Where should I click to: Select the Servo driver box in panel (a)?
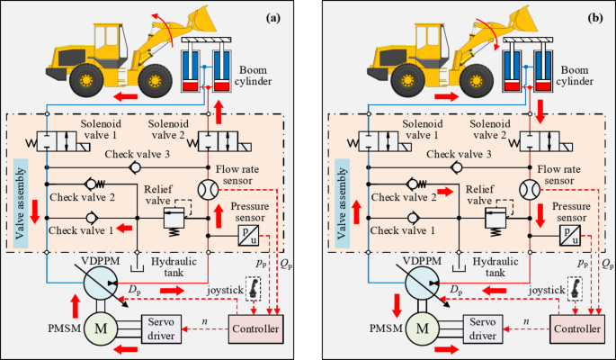pyautogui.click(x=164, y=329)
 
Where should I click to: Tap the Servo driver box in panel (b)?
pyautogui.click(x=484, y=329)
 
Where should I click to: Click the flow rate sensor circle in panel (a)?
pyautogui.click(x=204, y=190)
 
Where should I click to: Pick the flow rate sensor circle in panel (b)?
pyautogui.click(x=525, y=190)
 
